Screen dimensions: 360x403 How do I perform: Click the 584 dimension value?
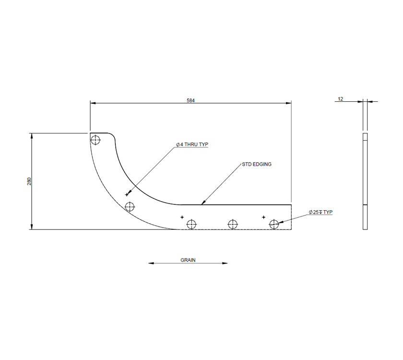(190, 100)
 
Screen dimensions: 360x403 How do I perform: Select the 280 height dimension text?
(29, 181)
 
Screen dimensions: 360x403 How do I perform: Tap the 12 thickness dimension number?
(341, 99)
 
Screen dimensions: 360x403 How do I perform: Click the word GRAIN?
(188, 260)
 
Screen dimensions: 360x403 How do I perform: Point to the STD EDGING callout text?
(257, 164)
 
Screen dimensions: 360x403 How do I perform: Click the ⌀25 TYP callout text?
(321, 212)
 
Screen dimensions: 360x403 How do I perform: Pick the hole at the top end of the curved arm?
(95, 140)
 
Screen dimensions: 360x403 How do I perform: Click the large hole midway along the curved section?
(130, 207)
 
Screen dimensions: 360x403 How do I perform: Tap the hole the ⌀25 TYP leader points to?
(274, 224)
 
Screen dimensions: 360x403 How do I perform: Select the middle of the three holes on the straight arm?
(233, 224)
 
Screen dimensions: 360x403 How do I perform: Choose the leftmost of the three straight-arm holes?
(191, 224)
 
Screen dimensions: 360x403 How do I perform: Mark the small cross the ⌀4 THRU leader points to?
(127, 194)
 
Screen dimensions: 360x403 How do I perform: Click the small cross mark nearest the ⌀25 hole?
(263, 217)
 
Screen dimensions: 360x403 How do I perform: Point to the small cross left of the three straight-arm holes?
(182, 217)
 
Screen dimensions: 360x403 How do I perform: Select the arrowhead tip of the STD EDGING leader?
(202, 204)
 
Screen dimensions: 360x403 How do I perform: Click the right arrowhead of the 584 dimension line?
(289, 103)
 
